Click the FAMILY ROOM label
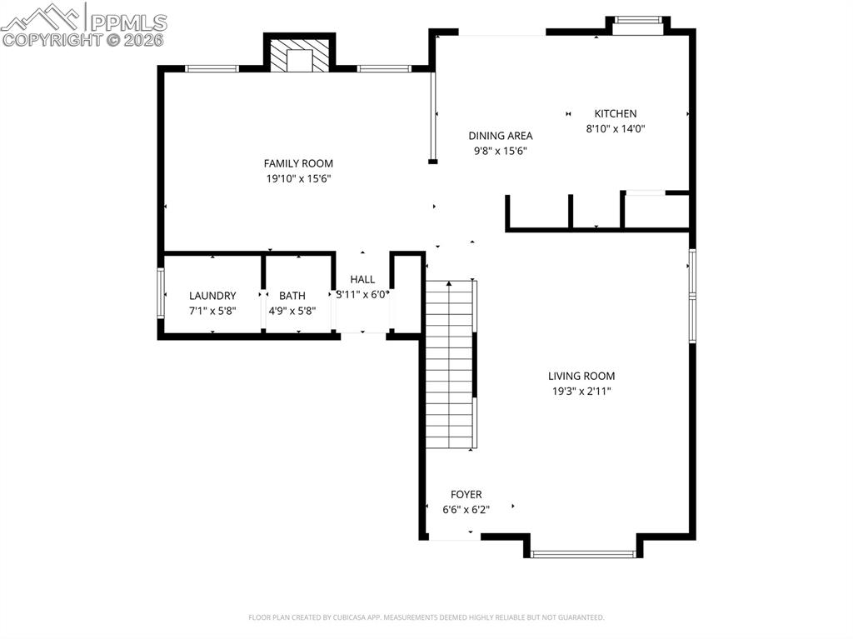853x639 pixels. pos(298,163)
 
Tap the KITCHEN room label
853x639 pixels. pos(615,113)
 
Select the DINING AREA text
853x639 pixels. pos(500,136)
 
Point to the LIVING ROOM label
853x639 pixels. pos(581,376)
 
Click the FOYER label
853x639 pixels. pos(466,494)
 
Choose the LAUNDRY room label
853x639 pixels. pos(212,296)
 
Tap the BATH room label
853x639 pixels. pos(292,296)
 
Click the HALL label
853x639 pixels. pos(362,279)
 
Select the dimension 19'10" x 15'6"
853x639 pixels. pos(298,178)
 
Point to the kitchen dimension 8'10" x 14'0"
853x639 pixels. pos(616,128)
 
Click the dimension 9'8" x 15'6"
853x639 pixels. pos(500,151)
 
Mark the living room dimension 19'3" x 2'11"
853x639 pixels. pos(581,391)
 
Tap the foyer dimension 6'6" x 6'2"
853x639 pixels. pos(466,509)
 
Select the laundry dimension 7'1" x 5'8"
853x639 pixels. pos(212,311)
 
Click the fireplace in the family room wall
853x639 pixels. pos(299,57)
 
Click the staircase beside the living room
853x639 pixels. pos(450,364)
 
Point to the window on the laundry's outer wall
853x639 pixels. pos(162,292)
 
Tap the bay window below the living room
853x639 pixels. pos(582,552)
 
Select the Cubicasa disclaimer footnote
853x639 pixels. pos(426,617)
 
